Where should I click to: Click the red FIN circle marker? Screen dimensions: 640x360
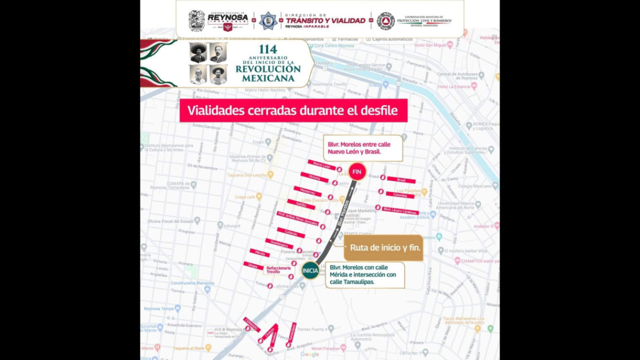coord(357,172)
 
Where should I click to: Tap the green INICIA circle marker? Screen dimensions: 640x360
coord(310,270)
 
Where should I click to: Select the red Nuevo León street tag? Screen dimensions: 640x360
coord(322,165)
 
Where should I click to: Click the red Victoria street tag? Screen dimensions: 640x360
coord(314,178)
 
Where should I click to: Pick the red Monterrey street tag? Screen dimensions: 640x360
coord(307,191)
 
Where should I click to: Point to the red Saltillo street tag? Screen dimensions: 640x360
coord(301,204)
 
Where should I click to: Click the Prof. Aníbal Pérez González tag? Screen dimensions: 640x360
coord(298,218)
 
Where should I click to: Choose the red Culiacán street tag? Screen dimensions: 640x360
coord(291,233)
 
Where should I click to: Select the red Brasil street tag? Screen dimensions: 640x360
coord(401,180)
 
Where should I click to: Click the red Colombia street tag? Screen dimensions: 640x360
coord(400,195)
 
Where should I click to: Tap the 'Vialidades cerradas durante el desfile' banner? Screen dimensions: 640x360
coord(293,110)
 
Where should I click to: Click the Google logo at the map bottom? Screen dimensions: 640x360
coord(309,354)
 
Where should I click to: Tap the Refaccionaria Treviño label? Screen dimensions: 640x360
coord(278,270)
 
